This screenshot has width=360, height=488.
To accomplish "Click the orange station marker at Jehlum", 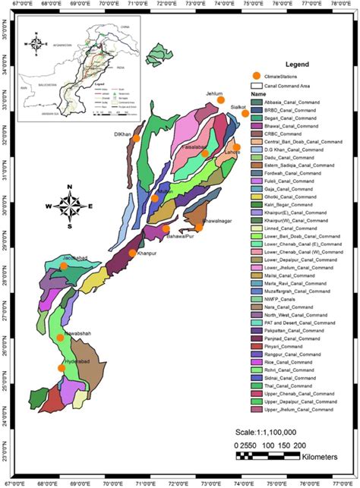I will click(x=221, y=100).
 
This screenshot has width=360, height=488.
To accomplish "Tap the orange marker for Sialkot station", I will click(x=245, y=114).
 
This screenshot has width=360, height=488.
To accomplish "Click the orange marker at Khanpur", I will click(x=133, y=253).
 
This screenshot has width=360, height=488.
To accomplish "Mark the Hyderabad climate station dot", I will click(x=62, y=369).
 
